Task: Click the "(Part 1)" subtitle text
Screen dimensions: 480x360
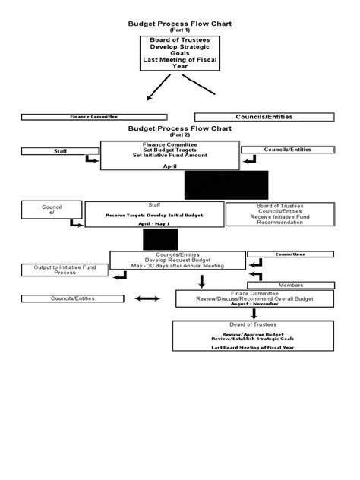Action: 179,30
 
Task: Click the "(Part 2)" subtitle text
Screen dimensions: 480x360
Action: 179,135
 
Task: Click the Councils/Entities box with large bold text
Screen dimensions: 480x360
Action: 264,117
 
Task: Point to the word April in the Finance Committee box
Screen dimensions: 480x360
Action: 179,165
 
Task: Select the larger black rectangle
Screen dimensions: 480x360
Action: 226,185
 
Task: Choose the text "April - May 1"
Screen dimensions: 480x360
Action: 156,225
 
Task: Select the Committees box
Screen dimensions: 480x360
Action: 290,254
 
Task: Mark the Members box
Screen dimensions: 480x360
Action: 290,285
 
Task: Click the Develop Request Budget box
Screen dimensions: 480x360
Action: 177,260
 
